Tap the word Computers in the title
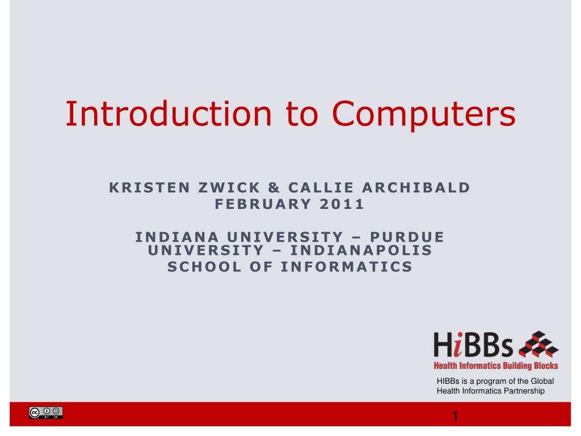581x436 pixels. click(424, 114)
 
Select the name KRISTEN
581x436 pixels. click(149, 188)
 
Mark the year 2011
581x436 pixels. click(342, 204)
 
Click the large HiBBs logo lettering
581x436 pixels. click(474, 346)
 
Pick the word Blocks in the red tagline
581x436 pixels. click(544, 366)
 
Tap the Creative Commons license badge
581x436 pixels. click(46, 413)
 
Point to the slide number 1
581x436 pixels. click(454, 417)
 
